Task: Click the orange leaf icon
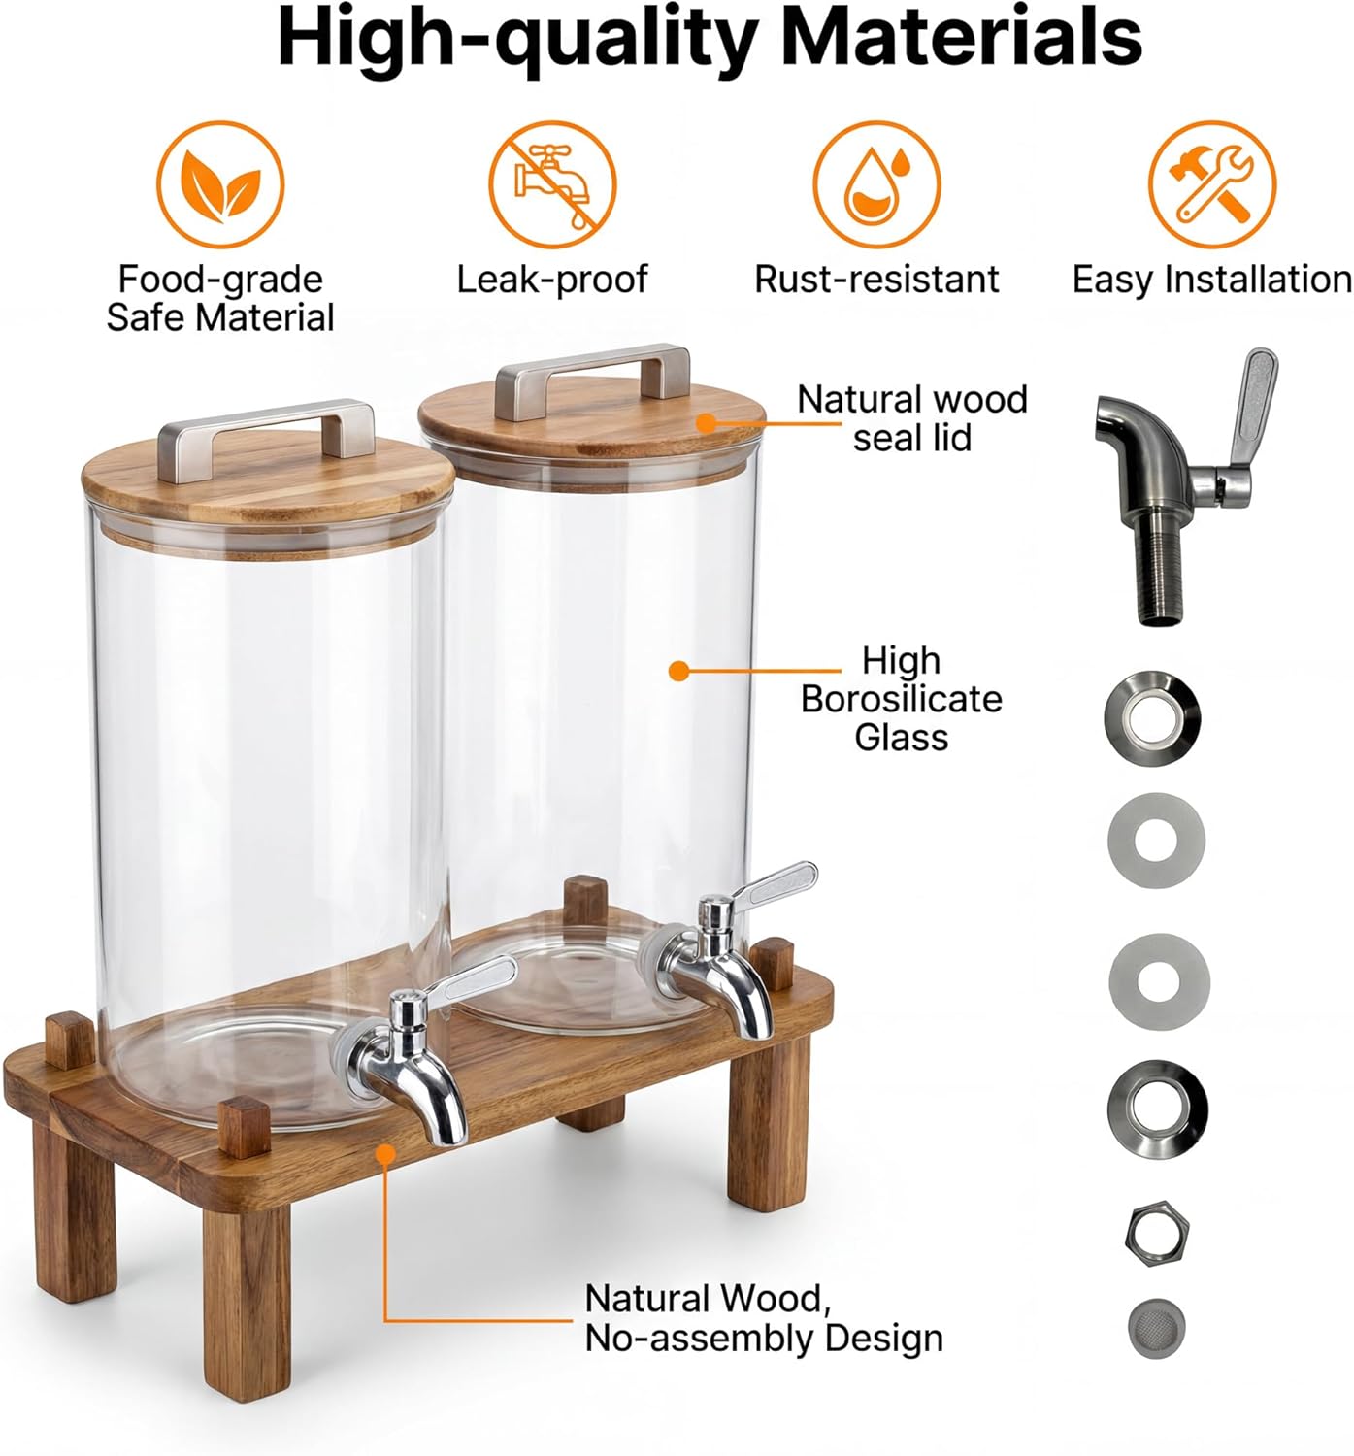pos(220,184)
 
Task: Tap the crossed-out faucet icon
pos(551,184)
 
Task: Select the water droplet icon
pos(876,184)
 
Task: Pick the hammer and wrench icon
pos(1211,184)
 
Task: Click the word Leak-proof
pos(551,280)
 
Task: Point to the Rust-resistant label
pos(876,280)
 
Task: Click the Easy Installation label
pos(1211,280)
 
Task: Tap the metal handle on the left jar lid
pos(267,428)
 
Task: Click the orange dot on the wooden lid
pos(706,422)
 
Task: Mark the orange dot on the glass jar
pos(679,670)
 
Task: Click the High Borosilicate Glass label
pos(901,699)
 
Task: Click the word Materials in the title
pos(961,39)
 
